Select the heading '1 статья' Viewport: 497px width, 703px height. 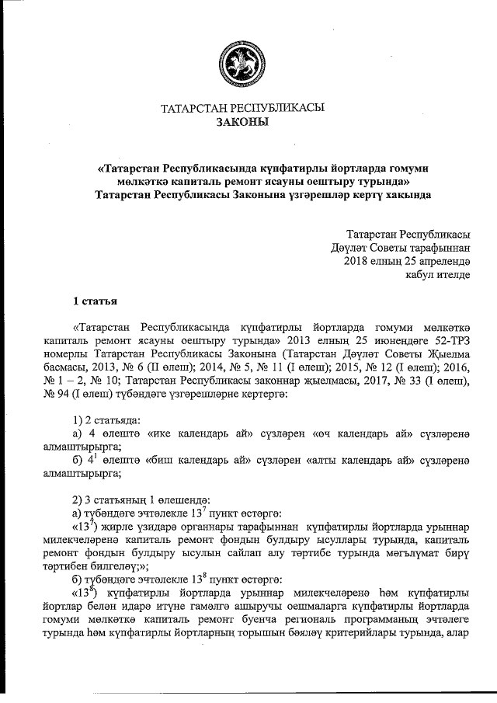96,301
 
